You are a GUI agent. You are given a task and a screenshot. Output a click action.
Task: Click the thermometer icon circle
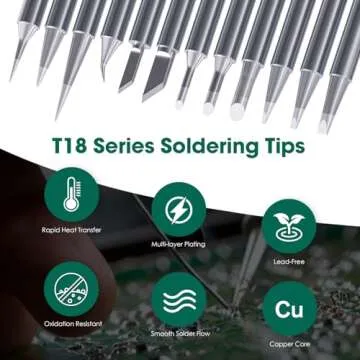pyautogui.click(x=70, y=192)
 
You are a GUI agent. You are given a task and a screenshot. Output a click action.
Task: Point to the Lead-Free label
pyautogui.click(x=289, y=256)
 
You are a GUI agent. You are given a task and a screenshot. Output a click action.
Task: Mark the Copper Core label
pyautogui.click(x=289, y=344)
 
